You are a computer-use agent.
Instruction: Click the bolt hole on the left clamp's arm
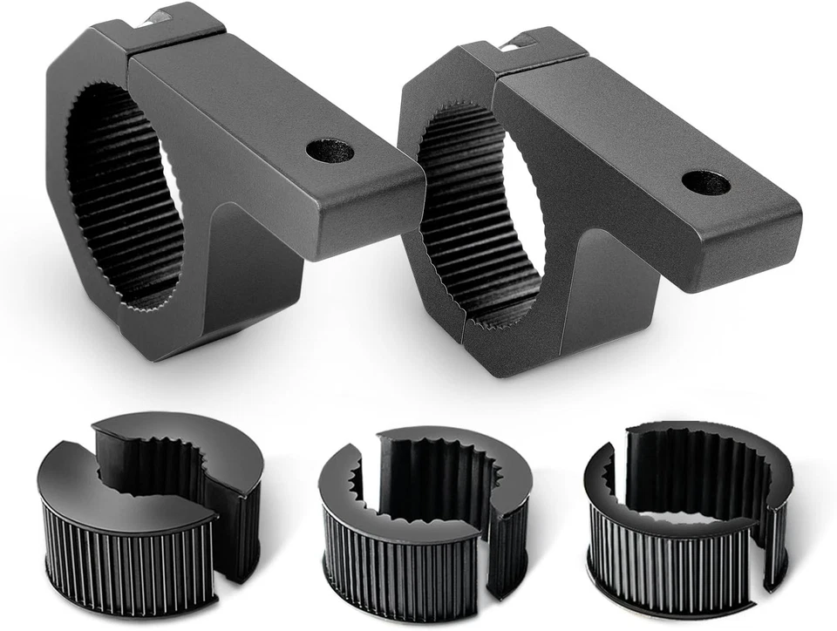[x=330, y=151]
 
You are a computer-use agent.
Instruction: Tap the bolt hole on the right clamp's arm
[x=705, y=183]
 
